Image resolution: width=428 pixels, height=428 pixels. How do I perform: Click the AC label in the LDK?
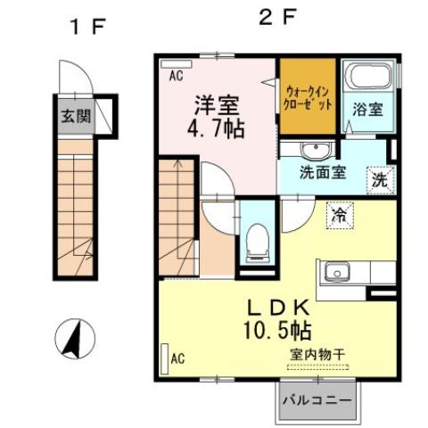[177, 359]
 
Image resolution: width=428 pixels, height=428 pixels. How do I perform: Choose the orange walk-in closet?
[308, 96]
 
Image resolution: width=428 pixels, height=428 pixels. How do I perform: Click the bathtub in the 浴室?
[366, 83]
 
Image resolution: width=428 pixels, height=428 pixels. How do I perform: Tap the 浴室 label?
[366, 111]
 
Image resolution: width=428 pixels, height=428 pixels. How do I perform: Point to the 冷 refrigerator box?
[339, 214]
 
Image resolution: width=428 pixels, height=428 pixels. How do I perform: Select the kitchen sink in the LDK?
[337, 272]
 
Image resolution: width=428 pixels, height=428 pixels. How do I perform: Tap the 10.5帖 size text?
[277, 331]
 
